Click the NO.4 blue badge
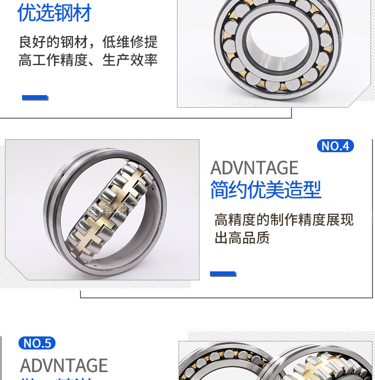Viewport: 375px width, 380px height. pos(335,146)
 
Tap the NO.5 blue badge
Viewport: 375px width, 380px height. pos(37,343)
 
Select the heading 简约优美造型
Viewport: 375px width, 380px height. pos(265,190)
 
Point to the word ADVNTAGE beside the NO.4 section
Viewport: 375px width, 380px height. pos(254,168)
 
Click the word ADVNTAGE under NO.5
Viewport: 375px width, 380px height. pos(64,365)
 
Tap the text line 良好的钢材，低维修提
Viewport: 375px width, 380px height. pos(88,41)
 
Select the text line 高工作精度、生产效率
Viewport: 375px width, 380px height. pos(88,60)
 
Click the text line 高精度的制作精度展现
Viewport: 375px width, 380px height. pos(283,219)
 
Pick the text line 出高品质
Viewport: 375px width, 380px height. pos(242,238)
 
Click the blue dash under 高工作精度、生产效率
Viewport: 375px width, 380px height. pos(34,98)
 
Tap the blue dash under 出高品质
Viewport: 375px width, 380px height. pos(222,274)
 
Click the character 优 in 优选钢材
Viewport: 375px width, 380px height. pos(26,13)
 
